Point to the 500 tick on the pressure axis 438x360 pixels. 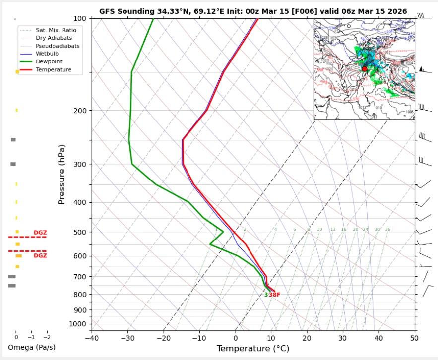[81, 232]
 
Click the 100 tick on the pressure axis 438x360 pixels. [81, 18]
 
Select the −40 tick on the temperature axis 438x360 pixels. [92, 338]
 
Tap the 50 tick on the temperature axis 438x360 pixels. [414, 338]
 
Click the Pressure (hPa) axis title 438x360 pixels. [62, 175]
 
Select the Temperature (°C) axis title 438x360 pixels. [253, 349]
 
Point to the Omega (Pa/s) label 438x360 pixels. [32, 347]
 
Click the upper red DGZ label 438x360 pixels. [40, 233]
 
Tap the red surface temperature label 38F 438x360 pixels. [274, 295]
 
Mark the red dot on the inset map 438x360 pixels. [365, 69]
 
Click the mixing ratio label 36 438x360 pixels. [387, 230]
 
